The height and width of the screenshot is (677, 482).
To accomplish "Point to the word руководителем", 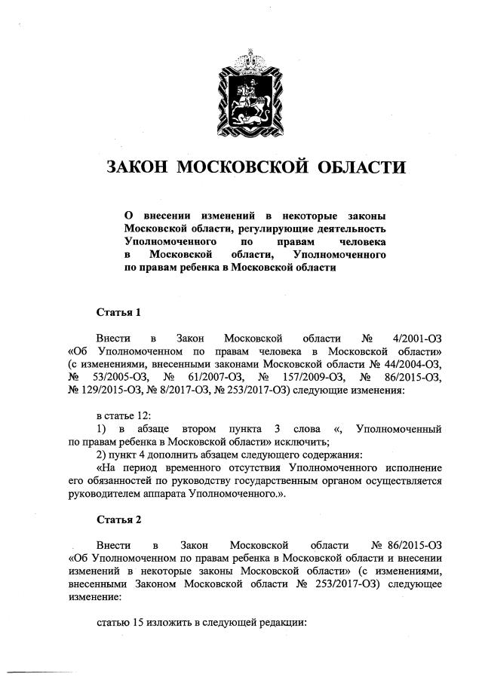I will click(x=103, y=497).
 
